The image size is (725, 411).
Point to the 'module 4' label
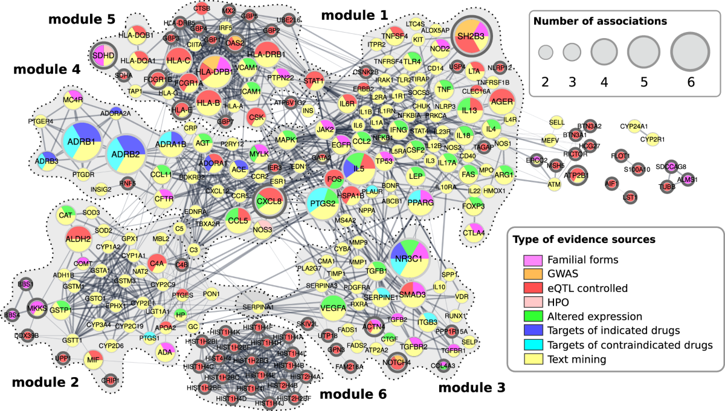pos(46,70)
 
